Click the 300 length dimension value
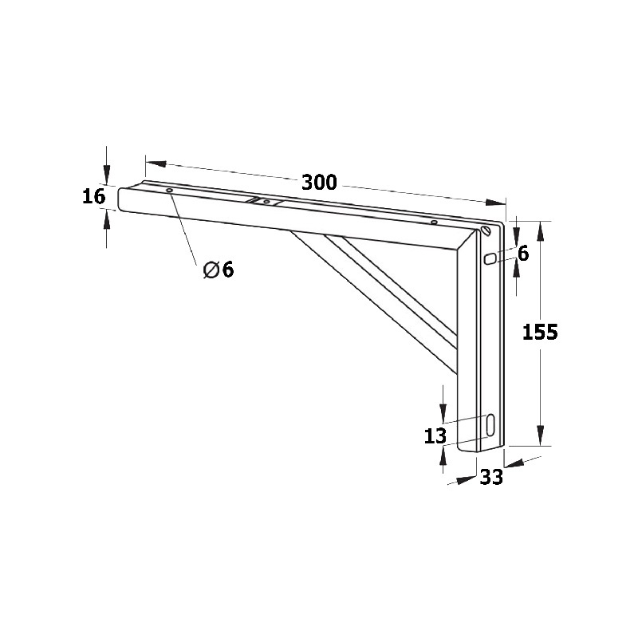pos(320,182)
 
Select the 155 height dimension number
pos(540,332)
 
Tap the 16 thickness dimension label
pos(93,195)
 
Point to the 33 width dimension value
pos(491,477)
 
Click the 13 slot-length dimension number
pos(435,435)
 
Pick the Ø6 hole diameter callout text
pos(219,270)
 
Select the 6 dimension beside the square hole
pos(523,254)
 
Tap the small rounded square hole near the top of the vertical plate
pos(489,258)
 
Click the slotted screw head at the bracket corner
pos(486,230)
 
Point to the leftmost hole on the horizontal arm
pos(170,191)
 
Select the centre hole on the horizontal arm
pos(266,202)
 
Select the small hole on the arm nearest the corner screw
pos(434,222)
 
